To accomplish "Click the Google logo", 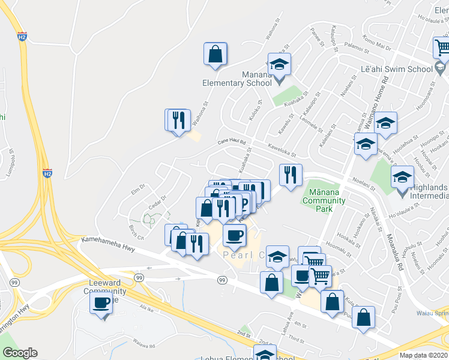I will click(20, 353).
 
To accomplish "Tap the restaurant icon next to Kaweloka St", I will click(291, 175).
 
